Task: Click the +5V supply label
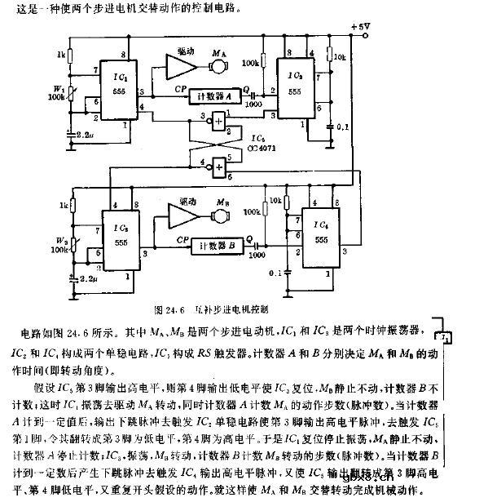click(359, 27)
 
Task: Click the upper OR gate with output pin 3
click(218, 120)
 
